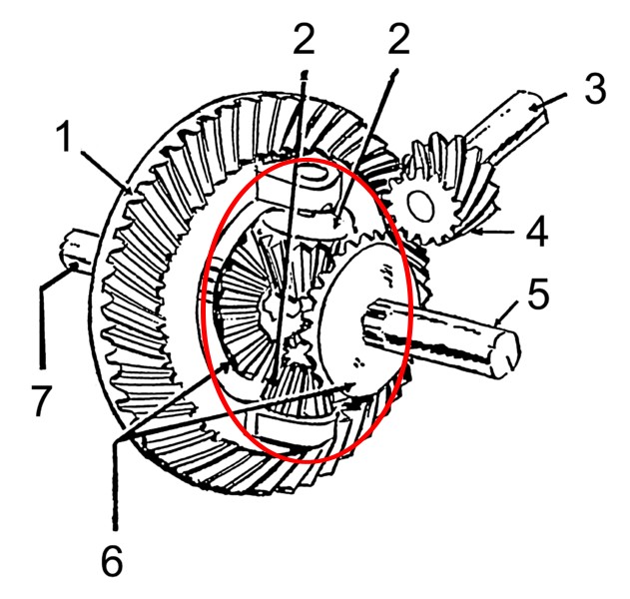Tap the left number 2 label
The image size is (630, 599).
(x=304, y=39)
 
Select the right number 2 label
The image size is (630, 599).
(x=398, y=39)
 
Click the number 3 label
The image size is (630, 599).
(x=595, y=89)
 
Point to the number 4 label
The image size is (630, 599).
(x=536, y=232)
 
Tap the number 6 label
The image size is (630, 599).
(x=112, y=561)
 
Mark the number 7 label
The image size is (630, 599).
(x=41, y=400)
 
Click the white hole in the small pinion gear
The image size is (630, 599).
(x=420, y=205)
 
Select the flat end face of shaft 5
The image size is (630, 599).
(x=507, y=352)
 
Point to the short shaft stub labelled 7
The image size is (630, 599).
(x=78, y=253)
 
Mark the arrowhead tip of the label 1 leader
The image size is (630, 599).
(x=132, y=194)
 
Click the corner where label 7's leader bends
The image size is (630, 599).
(x=41, y=287)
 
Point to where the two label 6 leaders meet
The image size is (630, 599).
(x=116, y=442)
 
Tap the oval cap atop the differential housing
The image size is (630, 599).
(x=313, y=175)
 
